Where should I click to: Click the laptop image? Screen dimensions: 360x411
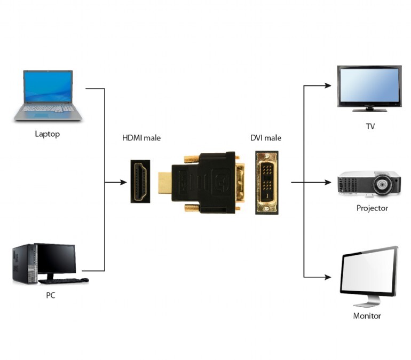click(x=48, y=95)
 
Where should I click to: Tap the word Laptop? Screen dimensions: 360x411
click(x=47, y=134)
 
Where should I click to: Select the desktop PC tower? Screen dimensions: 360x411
click(x=24, y=264)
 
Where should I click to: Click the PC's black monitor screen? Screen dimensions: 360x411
click(x=56, y=259)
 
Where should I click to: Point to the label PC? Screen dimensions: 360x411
click(x=50, y=295)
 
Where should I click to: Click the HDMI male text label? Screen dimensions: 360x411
click(x=141, y=138)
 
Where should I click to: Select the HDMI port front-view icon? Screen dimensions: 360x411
click(x=140, y=182)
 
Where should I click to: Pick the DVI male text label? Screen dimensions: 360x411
click(x=266, y=138)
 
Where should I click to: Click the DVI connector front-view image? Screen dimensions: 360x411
click(x=266, y=183)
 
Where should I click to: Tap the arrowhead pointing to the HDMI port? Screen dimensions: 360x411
click(x=123, y=182)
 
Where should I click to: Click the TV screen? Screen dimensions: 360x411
click(x=369, y=85)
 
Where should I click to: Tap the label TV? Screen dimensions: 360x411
click(x=370, y=127)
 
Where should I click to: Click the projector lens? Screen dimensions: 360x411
click(x=383, y=185)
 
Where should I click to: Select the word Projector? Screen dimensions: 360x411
click(x=372, y=208)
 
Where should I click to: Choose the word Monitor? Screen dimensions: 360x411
click(x=367, y=316)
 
